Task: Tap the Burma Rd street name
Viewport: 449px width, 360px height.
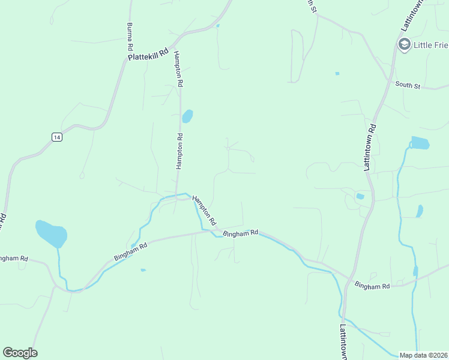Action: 129,37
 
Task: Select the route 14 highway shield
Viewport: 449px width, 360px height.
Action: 56,137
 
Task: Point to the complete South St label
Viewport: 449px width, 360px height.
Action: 408,85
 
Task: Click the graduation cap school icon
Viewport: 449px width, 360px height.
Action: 404,44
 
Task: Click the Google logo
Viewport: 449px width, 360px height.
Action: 20,353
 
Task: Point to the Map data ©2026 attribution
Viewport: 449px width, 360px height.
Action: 423,355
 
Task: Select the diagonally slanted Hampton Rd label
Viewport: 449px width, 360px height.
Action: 204,209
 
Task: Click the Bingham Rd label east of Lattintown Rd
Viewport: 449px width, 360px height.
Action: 372,286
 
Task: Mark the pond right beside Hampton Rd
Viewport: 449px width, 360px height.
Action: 187,116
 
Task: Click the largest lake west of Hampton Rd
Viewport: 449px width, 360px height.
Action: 51,234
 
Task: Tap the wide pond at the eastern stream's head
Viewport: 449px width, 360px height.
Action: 420,143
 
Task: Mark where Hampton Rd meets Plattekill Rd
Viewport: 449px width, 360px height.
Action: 173,46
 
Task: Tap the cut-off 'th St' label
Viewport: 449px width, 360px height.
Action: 310,7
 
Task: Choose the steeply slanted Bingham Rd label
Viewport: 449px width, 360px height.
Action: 130,251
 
